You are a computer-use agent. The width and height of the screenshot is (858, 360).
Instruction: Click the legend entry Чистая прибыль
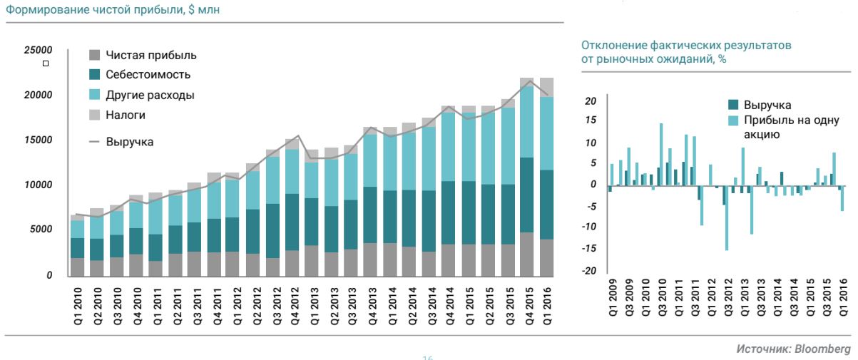coord(150,56)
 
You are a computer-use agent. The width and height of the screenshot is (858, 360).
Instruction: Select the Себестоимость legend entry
coord(148,75)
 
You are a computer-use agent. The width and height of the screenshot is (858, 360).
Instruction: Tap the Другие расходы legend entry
coord(150,95)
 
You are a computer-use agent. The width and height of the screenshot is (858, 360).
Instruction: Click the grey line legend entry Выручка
coord(129,142)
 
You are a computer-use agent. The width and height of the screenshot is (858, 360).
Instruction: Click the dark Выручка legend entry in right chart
coord(767,105)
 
